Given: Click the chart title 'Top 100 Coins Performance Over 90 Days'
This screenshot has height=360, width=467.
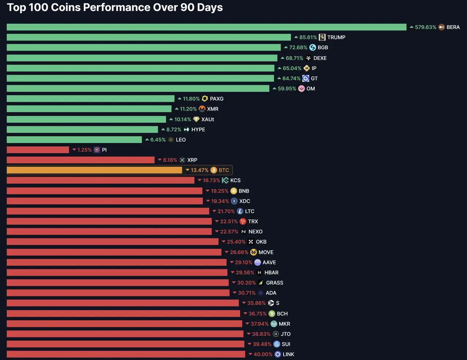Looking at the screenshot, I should tap(115, 7).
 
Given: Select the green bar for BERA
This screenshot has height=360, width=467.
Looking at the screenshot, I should tap(207, 27).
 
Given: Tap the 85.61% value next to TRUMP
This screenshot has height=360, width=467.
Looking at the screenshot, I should tap(308, 37).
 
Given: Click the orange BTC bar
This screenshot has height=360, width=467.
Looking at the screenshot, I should tap(94, 170).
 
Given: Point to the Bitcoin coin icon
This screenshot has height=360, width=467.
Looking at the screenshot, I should tap(214, 170).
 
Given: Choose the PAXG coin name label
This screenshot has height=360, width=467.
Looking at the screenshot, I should tap(217, 98).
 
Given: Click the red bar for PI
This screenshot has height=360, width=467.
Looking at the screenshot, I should tap(38, 150).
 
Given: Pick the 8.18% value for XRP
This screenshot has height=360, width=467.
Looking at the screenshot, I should tap(170, 160).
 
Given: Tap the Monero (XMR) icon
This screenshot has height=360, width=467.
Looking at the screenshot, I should tap(202, 109).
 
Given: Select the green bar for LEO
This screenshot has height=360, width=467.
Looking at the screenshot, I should tap(74, 139).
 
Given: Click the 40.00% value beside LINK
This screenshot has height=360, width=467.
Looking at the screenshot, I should tap(263, 354).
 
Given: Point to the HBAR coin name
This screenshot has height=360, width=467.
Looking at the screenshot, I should tap(271, 272).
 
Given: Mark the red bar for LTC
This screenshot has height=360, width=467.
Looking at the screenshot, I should tap(108, 211).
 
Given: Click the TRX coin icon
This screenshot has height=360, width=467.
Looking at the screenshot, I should tap(243, 221).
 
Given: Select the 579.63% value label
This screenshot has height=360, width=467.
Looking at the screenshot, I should tap(425, 27).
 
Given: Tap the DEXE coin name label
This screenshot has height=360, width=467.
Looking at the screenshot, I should tap(320, 58).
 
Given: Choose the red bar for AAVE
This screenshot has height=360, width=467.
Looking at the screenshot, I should tap(117, 262).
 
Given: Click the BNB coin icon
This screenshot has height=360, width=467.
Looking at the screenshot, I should tap(234, 191).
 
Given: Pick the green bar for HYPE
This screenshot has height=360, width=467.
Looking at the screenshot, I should tap(82, 129).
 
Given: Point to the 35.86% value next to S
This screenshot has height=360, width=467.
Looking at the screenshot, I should tap(256, 303).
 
